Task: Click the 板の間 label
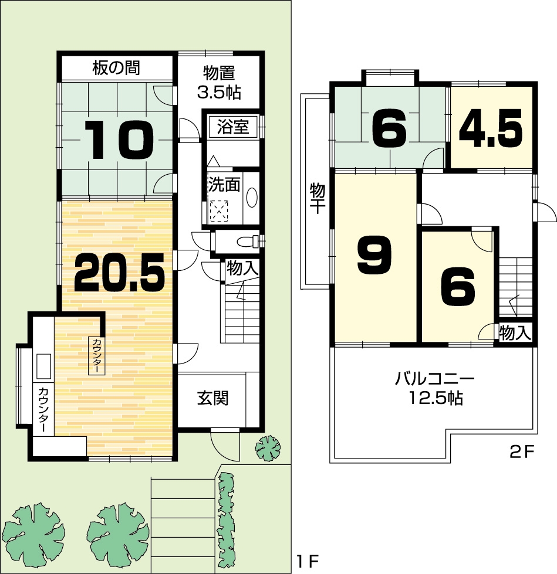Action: click(x=116, y=68)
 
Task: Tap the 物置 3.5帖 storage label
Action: click(x=219, y=83)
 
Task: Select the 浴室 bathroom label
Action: click(x=232, y=127)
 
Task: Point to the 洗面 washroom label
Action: click(x=224, y=185)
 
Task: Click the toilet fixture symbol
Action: click(x=247, y=242)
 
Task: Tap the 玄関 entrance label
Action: click(x=213, y=398)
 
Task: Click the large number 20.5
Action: click(x=119, y=273)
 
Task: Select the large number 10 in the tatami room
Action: click(x=119, y=140)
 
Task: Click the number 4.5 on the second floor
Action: click(x=491, y=128)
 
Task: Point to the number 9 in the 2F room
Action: click(x=374, y=255)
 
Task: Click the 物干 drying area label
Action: click(x=318, y=198)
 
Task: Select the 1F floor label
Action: click(x=307, y=561)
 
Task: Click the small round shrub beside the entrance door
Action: click(x=268, y=448)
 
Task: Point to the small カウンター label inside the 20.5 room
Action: click(x=97, y=355)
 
